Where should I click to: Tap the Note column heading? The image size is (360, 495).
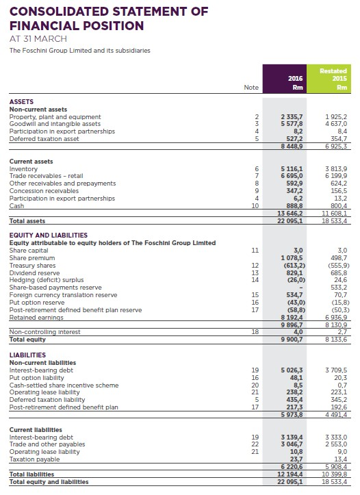(252, 87)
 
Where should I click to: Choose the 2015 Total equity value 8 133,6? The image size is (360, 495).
(337, 339)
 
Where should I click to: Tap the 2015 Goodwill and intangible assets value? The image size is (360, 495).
(337, 124)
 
